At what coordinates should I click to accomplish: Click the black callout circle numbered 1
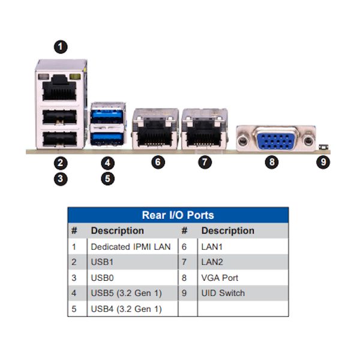[x=61, y=47]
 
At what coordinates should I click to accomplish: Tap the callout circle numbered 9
[x=323, y=162]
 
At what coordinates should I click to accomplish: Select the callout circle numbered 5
[x=107, y=179]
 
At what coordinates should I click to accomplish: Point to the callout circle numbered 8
[x=272, y=162]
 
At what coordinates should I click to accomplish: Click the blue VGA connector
[x=276, y=139]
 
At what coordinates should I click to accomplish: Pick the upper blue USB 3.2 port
[x=107, y=114]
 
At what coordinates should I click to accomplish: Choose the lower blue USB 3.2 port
[x=107, y=139]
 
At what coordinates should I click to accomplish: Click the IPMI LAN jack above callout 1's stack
[x=59, y=88]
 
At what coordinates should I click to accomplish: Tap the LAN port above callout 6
[x=155, y=133]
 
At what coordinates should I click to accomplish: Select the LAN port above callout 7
[x=205, y=133]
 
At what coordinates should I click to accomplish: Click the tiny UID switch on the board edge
[x=324, y=147]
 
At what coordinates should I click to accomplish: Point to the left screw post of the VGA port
[x=242, y=140]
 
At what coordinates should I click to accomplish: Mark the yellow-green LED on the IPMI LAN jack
[x=75, y=77]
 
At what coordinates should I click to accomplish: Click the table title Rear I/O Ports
[x=178, y=215]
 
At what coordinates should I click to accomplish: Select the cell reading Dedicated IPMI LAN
[x=131, y=247]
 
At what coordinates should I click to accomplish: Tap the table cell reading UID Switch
[x=223, y=293]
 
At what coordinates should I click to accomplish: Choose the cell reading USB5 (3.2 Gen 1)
[x=126, y=293]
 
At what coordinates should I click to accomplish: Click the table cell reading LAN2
[x=212, y=262]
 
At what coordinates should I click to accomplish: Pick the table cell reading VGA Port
[x=220, y=278]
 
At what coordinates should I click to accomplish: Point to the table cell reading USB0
[x=102, y=278]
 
